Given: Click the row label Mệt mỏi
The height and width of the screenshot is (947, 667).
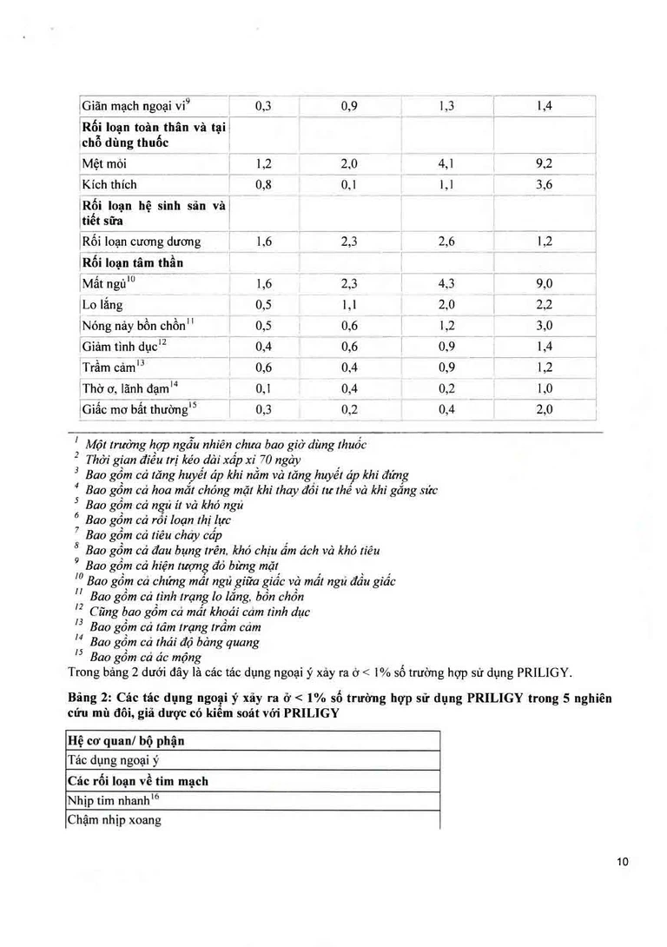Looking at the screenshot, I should (98, 163).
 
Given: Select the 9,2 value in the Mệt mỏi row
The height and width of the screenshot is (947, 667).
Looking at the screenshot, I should (545, 163).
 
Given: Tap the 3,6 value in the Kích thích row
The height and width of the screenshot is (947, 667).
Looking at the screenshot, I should (545, 184).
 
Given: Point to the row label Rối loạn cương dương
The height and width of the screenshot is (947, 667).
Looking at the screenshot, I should (141, 242).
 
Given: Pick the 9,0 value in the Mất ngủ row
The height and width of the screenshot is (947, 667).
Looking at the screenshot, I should (545, 284).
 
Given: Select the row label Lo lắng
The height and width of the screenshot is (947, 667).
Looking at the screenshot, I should (102, 305).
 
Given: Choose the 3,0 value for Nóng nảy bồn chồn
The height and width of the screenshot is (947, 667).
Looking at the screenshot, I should (545, 326).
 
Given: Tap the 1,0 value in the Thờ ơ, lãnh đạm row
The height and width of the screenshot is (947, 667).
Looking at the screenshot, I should (545, 389).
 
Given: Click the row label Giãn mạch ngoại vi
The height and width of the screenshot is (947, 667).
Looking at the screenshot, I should (135, 107).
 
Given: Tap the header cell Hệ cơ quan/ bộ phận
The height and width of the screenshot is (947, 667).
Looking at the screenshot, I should (126, 741).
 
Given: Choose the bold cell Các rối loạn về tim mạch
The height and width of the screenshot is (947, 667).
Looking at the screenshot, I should (138, 781).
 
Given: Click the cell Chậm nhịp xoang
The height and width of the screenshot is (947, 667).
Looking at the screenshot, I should (114, 820).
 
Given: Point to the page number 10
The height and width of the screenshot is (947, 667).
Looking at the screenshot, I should (622, 862).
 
